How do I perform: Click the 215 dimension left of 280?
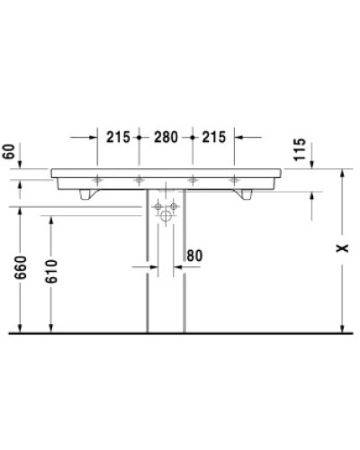[117, 138]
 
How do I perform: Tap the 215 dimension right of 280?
[214, 138]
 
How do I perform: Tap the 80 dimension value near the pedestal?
[195, 256]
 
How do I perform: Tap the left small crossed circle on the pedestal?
[158, 207]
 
